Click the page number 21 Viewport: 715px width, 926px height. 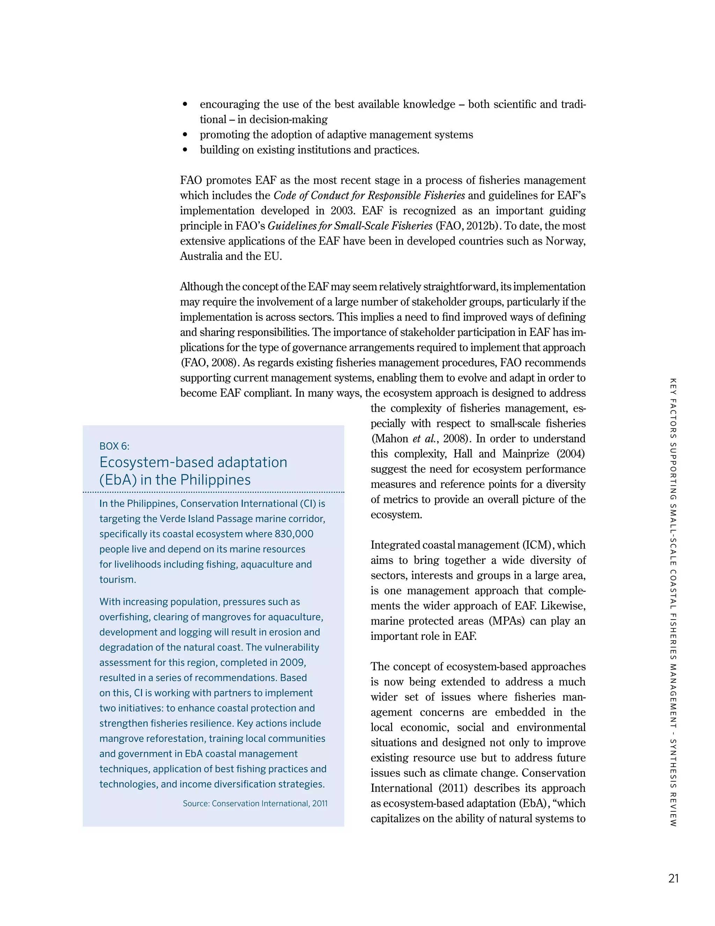[x=673, y=878]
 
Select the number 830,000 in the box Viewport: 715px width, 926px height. [x=294, y=534]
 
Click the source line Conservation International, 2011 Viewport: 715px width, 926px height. [x=255, y=803]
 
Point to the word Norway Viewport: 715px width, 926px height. [x=565, y=241]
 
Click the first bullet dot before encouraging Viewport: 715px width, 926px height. [x=185, y=104]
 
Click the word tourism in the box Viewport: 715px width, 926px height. [x=117, y=580]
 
